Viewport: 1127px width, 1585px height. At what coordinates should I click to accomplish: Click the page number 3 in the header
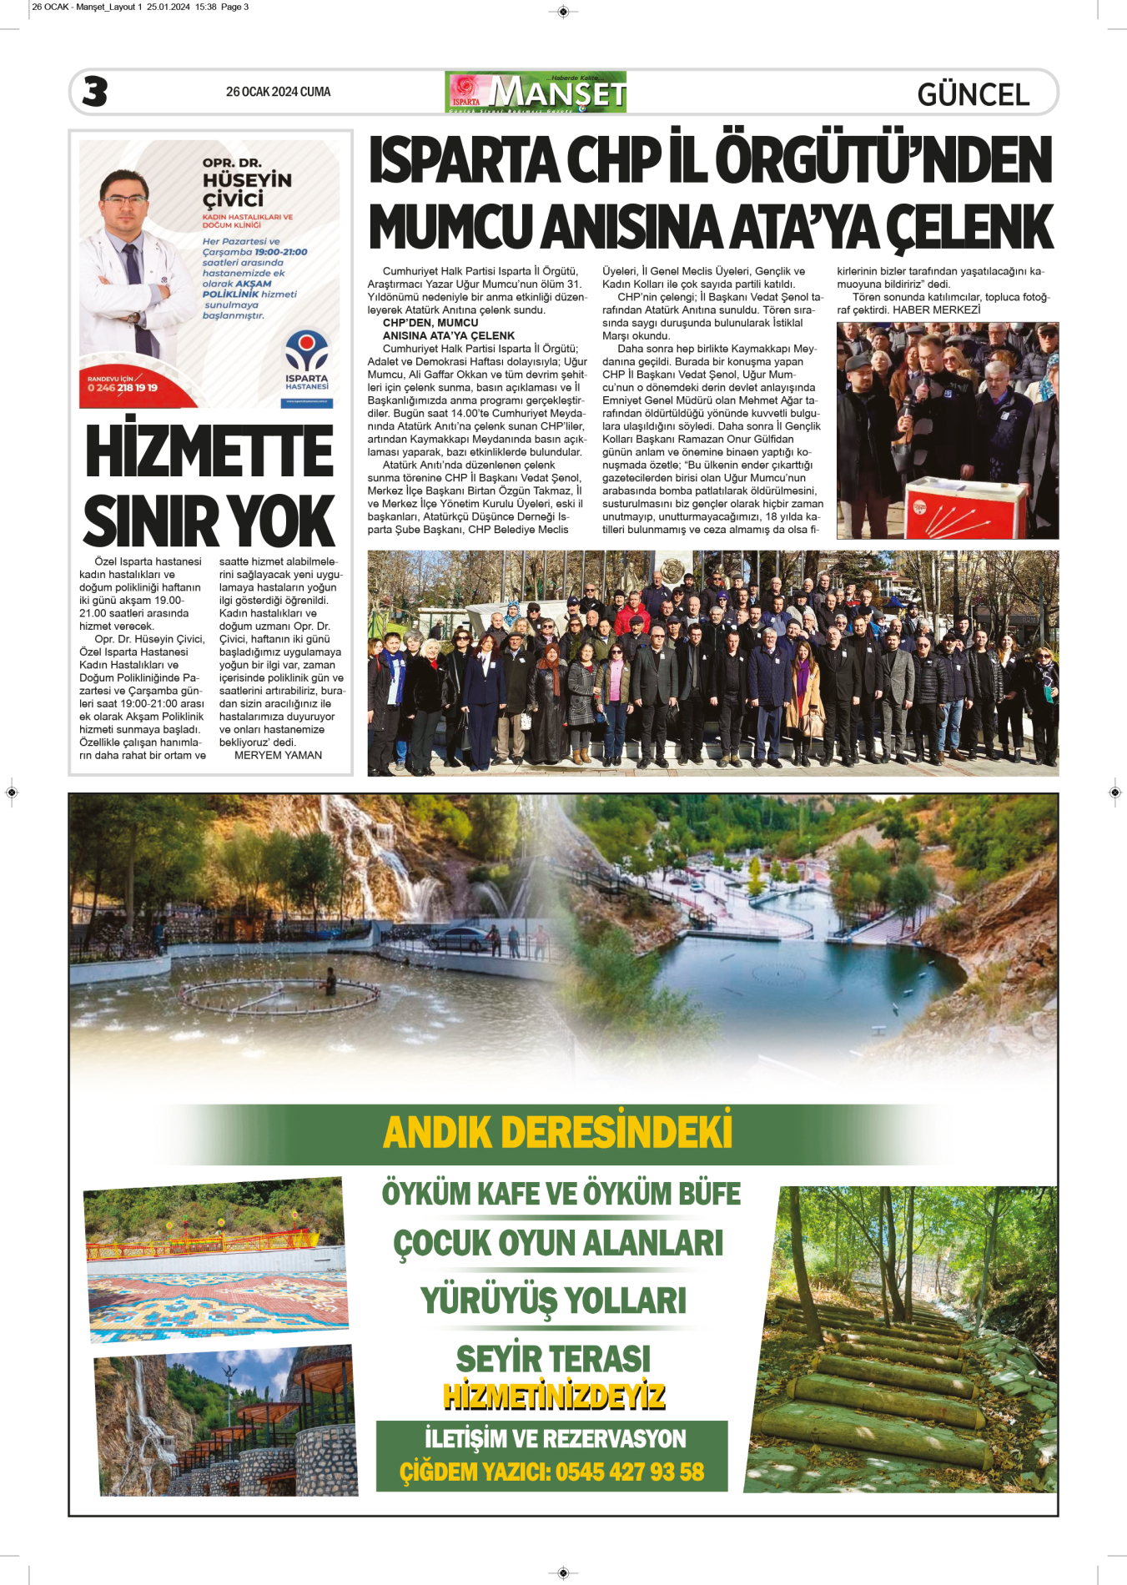click(95, 92)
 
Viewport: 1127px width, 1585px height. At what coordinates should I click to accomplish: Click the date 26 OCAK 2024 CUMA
click(278, 92)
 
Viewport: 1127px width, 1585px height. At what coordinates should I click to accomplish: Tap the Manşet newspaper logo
click(536, 92)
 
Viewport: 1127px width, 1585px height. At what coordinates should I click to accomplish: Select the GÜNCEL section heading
click(973, 94)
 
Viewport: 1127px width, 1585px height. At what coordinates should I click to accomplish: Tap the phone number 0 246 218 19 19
click(123, 388)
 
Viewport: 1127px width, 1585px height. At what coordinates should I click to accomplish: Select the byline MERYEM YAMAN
click(278, 755)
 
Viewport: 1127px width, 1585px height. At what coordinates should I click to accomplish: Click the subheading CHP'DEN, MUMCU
click(430, 323)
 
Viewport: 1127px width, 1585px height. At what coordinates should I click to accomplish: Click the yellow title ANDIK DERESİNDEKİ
click(557, 1133)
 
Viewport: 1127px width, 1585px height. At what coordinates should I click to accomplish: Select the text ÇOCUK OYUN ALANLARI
click(558, 1243)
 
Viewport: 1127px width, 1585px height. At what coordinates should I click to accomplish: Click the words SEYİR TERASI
click(553, 1359)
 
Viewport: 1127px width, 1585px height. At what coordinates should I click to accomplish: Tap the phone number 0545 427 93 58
click(630, 1472)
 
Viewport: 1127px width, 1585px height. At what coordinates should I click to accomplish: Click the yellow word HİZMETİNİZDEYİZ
click(554, 1396)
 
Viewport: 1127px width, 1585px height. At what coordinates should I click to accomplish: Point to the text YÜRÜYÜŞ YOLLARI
click(553, 1301)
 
